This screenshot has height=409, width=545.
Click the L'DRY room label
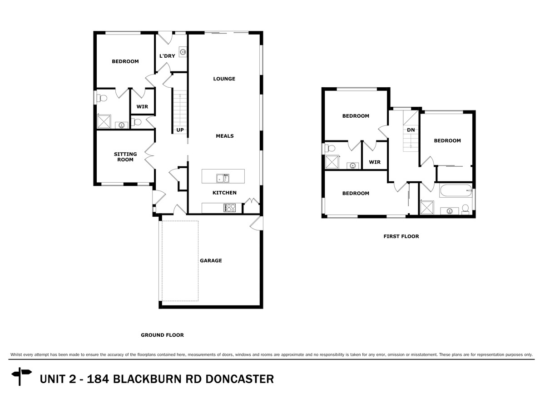[x=167, y=56]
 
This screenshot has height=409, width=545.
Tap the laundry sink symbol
[x=183, y=52]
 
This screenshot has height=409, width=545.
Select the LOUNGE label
[x=224, y=79]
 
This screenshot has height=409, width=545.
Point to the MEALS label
[x=225, y=136]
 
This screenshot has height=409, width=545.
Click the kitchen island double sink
[x=223, y=178]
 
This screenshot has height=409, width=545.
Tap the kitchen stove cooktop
[x=230, y=208]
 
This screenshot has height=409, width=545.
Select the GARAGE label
[x=211, y=260]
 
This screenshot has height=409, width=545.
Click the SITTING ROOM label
[x=125, y=157]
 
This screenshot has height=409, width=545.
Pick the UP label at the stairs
[x=180, y=130]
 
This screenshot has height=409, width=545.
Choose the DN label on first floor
[x=411, y=130]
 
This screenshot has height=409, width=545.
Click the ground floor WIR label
[x=142, y=106]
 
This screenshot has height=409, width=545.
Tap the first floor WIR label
[x=375, y=162]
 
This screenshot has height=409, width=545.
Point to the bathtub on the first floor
[x=456, y=191]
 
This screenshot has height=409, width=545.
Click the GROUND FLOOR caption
[x=163, y=335]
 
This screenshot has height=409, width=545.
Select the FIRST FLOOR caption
[x=401, y=236]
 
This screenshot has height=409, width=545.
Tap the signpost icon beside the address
[x=21, y=376]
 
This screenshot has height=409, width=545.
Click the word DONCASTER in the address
[x=240, y=379]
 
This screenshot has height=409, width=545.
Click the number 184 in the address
[x=98, y=379]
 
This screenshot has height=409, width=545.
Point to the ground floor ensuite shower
[x=104, y=121]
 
